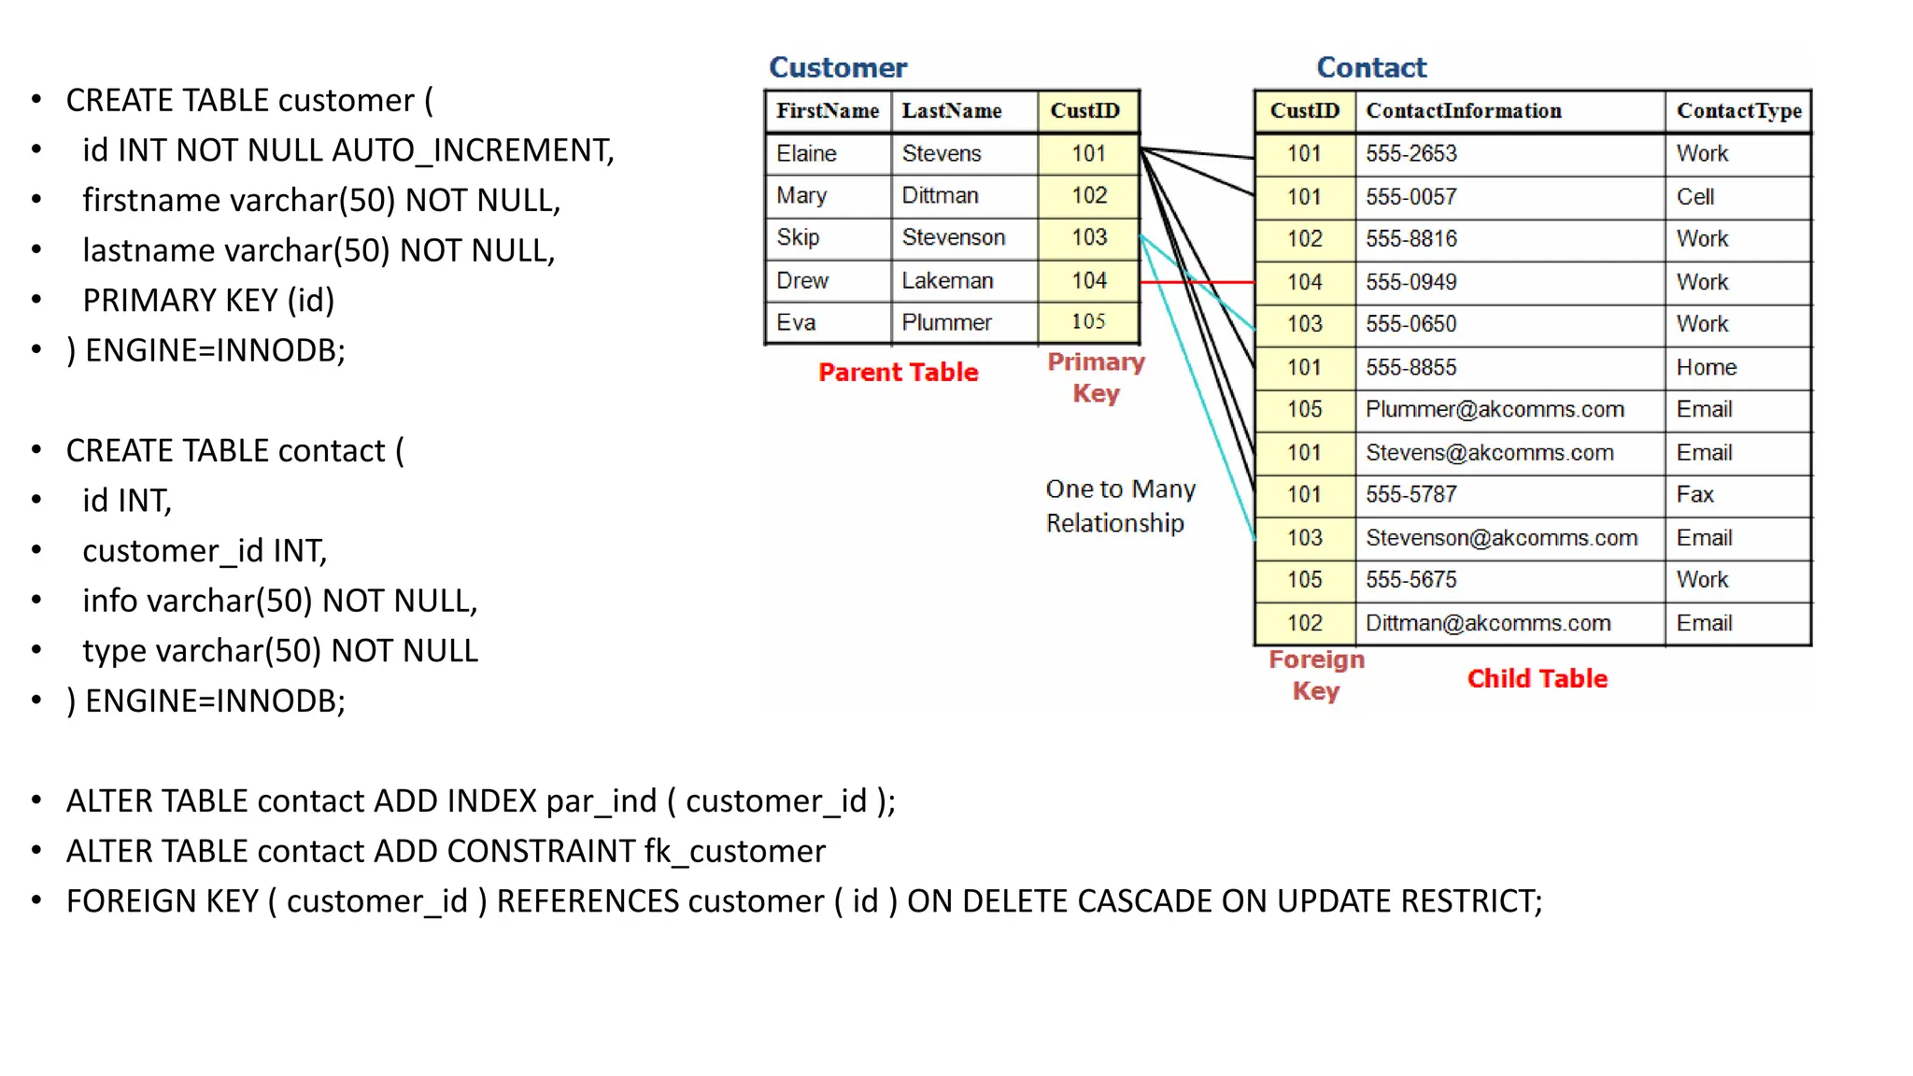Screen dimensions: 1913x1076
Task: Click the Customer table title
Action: (838, 67)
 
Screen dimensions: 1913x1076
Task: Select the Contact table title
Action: (1371, 67)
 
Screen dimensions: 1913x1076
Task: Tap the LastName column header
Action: (951, 111)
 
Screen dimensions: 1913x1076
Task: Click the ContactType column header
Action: (1738, 111)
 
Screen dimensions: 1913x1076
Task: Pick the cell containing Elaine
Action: (806, 154)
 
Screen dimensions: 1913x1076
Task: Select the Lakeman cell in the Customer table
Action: (947, 281)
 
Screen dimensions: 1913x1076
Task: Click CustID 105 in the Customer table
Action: (1088, 322)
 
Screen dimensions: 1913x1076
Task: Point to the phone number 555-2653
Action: (1410, 154)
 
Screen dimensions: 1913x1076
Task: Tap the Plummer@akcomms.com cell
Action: (1495, 410)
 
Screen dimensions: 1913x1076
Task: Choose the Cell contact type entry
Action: (1695, 197)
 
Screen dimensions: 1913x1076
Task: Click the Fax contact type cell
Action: (1694, 495)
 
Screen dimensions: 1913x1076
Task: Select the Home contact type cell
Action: (1706, 368)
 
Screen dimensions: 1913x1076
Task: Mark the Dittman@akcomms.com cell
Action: (1488, 623)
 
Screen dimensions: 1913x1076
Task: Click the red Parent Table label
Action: (898, 373)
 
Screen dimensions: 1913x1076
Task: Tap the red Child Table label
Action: (1537, 679)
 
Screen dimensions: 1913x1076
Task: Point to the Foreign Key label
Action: (1316, 675)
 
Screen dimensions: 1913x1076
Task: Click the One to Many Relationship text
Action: (1120, 506)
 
